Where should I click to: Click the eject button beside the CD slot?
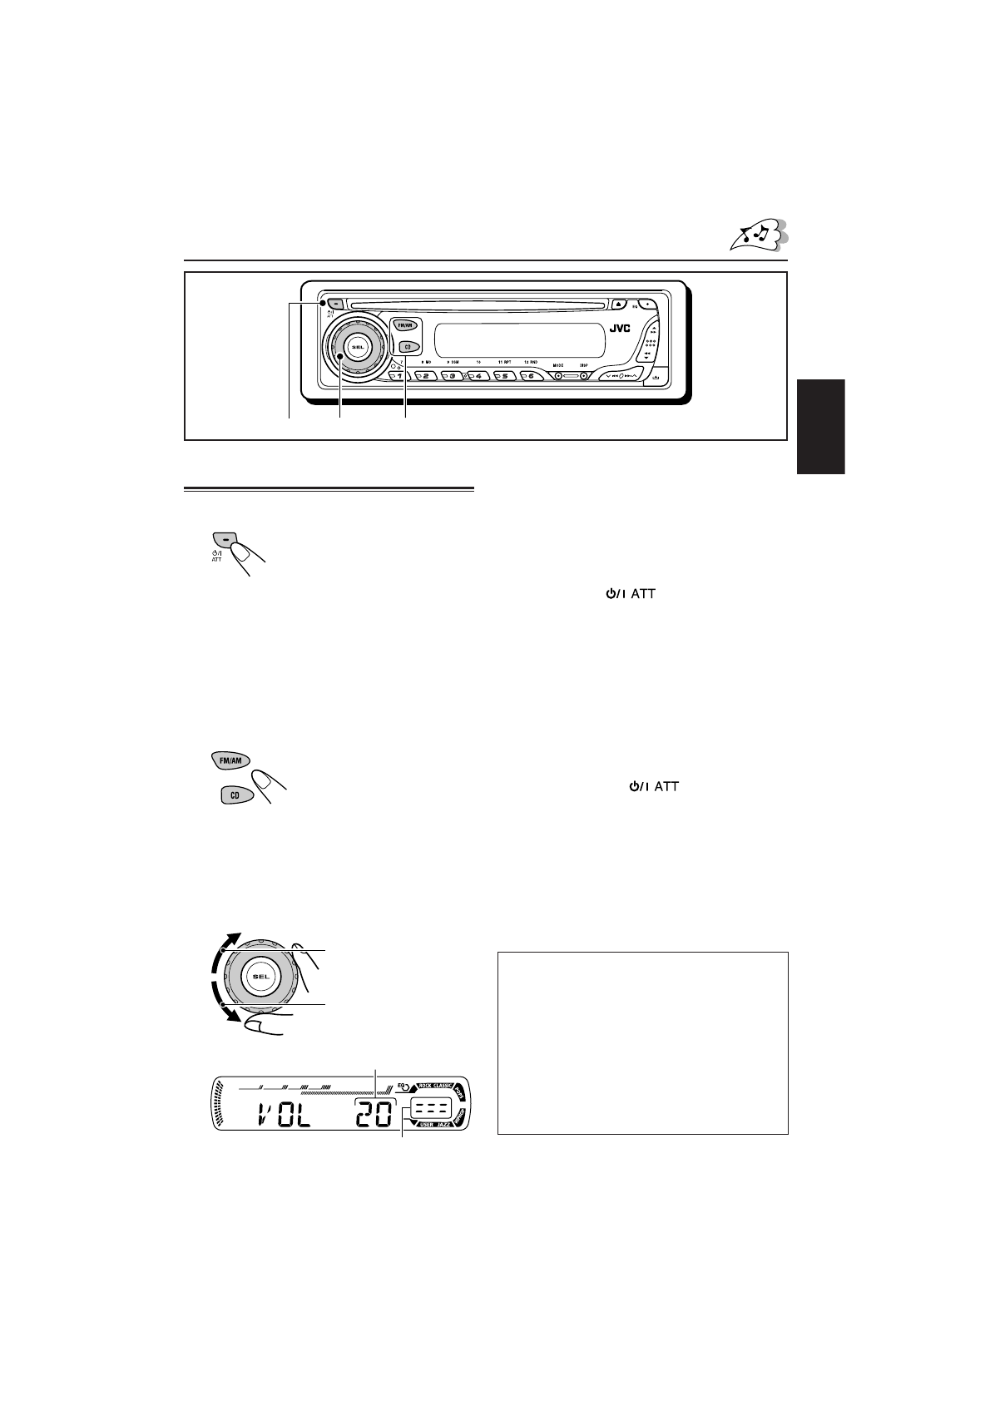coord(619,304)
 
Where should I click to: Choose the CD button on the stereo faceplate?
coord(407,347)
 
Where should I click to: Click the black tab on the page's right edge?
coord(820,426)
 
